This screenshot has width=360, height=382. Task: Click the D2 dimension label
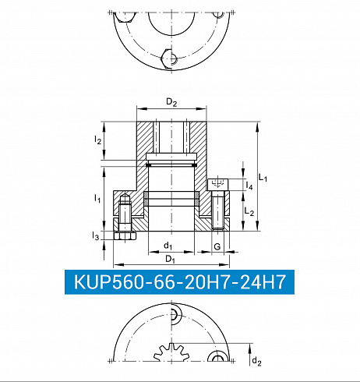pyautogui.click(x=171, y=102)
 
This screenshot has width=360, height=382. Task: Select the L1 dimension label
pyautogui.click(x=263, y=178)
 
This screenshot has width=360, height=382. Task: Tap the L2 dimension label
pyautogui.click(x=249, y=211)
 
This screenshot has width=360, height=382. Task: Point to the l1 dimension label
pyautogui.click(x=97, y=199)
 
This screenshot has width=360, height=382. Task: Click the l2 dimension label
pyautogui.click(x=97, y=140)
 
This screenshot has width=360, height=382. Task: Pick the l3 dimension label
pyautogui.click(x=96, y=236)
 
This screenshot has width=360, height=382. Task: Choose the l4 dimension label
pyautogui.click(x=249, y=186)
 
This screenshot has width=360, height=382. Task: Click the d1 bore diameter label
pyautogui.click(x=168, y=246)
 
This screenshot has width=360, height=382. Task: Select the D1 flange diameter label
pyautogui.click(x=170, y=259)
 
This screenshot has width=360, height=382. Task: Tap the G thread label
pyautogui.click(x=217, y=246)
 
